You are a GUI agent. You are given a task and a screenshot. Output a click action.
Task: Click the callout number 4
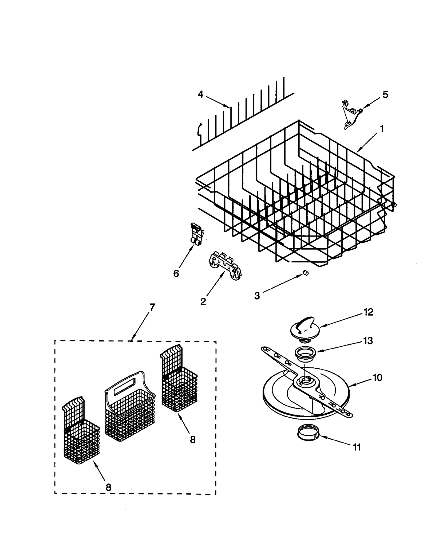click(200, 94)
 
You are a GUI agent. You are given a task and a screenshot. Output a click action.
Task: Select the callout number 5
click(385, 95)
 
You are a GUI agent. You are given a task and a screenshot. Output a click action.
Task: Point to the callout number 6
click(176, 273)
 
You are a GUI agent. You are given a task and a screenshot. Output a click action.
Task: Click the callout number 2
click(203, 302)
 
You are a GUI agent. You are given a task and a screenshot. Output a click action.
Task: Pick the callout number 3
click(257, 296)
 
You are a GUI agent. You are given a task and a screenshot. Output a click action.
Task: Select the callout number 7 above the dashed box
click(152, 307)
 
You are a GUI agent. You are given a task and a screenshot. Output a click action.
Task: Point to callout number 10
click(377, 378)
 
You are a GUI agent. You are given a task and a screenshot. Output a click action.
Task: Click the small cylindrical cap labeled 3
click(306, 272)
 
